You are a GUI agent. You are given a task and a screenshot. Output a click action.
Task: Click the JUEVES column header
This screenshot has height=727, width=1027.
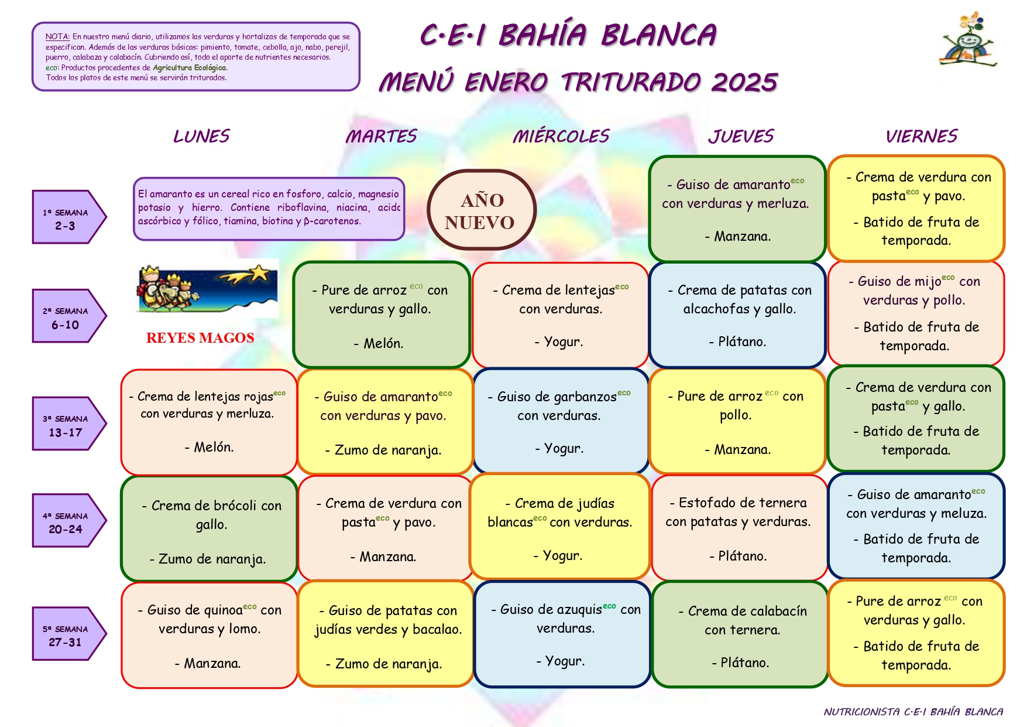point(741,136)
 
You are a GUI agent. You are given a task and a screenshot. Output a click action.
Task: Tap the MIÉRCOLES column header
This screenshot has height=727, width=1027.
point(561,136)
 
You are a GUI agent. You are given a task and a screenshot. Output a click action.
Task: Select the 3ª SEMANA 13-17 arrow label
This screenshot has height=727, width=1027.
point(69,424)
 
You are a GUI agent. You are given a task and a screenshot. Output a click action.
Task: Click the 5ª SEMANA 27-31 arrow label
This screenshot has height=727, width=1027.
point(69,634)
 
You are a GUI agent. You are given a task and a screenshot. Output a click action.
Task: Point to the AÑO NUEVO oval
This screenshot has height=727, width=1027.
point(482,210)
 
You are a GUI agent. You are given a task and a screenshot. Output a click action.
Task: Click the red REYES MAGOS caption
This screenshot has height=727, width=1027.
point(200,338)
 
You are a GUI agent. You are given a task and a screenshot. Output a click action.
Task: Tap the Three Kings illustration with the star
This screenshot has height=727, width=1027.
point(207,288)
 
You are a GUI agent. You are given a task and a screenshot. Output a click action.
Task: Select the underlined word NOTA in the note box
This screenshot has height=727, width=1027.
point(57,37)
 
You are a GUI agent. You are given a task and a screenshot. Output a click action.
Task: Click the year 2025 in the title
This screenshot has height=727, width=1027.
point(744,82)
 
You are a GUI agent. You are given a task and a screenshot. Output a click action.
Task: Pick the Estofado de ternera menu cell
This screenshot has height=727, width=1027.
point(739,527)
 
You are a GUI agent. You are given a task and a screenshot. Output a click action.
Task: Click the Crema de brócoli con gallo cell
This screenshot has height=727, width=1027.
point(209,529)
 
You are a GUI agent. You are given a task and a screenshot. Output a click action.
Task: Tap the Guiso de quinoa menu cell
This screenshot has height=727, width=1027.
point(209,635)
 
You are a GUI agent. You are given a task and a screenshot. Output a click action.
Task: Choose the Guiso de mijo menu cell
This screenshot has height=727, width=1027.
point(916,313)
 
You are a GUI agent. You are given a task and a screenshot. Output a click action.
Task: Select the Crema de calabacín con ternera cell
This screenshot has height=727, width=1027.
point(740,634)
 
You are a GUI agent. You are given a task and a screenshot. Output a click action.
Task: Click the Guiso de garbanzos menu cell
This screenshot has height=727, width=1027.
point(561,421)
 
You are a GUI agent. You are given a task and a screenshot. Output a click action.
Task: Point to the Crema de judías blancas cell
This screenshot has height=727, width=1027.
point(560,526)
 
